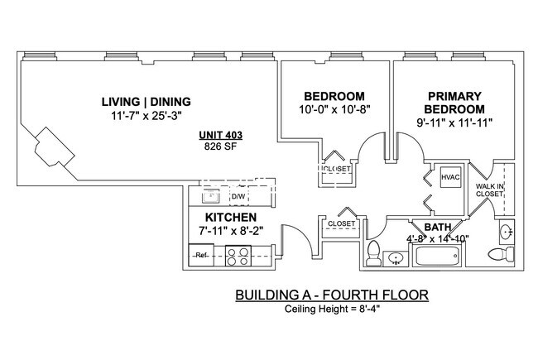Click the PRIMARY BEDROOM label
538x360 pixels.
pyautogui.click(x=454, y=102)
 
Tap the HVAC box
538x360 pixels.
pyautogui.click(x=450, y=177)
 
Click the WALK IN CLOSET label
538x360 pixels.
pyautogui.click(x=490, y=191)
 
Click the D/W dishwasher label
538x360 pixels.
pyautogui.click(x=238, y=197)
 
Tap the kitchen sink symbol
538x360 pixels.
pyautogui.click(x=210, y=197)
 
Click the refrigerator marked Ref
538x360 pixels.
pyautogui.click(x=199, y=256)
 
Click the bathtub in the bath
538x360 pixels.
pyautogui.click(x=435, y=257)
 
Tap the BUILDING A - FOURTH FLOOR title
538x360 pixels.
pyautogui.click(x=333, y=295)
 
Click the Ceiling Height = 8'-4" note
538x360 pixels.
pyautogui.click(x=333, y=310)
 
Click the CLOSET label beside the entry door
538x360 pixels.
pyautogui.click(x=341, y=224)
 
